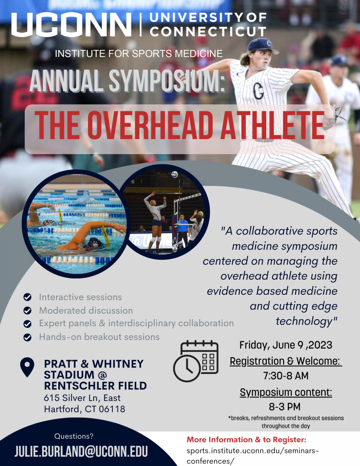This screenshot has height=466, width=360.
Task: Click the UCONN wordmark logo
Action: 71,24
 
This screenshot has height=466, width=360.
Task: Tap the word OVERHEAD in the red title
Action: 150,125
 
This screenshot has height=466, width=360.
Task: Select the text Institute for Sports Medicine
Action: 139,54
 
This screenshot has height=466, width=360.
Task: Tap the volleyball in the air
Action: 174,175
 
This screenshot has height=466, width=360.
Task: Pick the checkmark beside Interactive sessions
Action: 28,297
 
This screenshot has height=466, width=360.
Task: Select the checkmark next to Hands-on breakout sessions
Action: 28,337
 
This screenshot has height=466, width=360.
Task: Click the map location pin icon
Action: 27,367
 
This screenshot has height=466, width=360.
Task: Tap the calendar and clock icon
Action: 196,361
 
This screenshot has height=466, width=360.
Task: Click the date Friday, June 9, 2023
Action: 286,345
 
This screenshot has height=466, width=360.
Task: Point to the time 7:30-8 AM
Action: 286,376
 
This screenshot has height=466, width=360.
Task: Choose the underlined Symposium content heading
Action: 286,393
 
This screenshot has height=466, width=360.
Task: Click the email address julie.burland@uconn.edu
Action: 81,452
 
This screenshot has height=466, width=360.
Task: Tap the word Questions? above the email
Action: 74,436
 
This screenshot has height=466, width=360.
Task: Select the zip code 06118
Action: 112,409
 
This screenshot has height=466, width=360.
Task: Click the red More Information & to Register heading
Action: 247,440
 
